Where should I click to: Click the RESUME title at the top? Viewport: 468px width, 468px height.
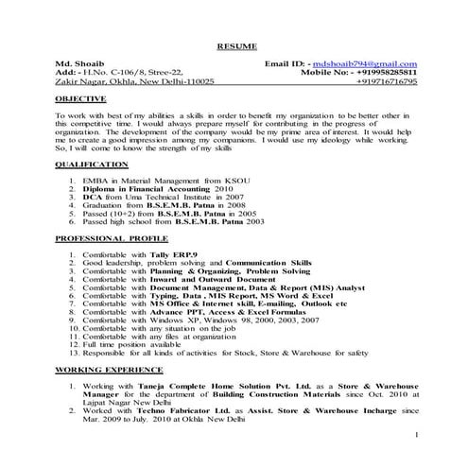(x=234, y=45)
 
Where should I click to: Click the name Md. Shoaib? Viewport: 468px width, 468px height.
(x=77, y=62)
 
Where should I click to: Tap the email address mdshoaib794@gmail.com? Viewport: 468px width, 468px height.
(x=363, y=62)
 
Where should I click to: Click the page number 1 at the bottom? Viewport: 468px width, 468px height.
(x=417, y=434)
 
